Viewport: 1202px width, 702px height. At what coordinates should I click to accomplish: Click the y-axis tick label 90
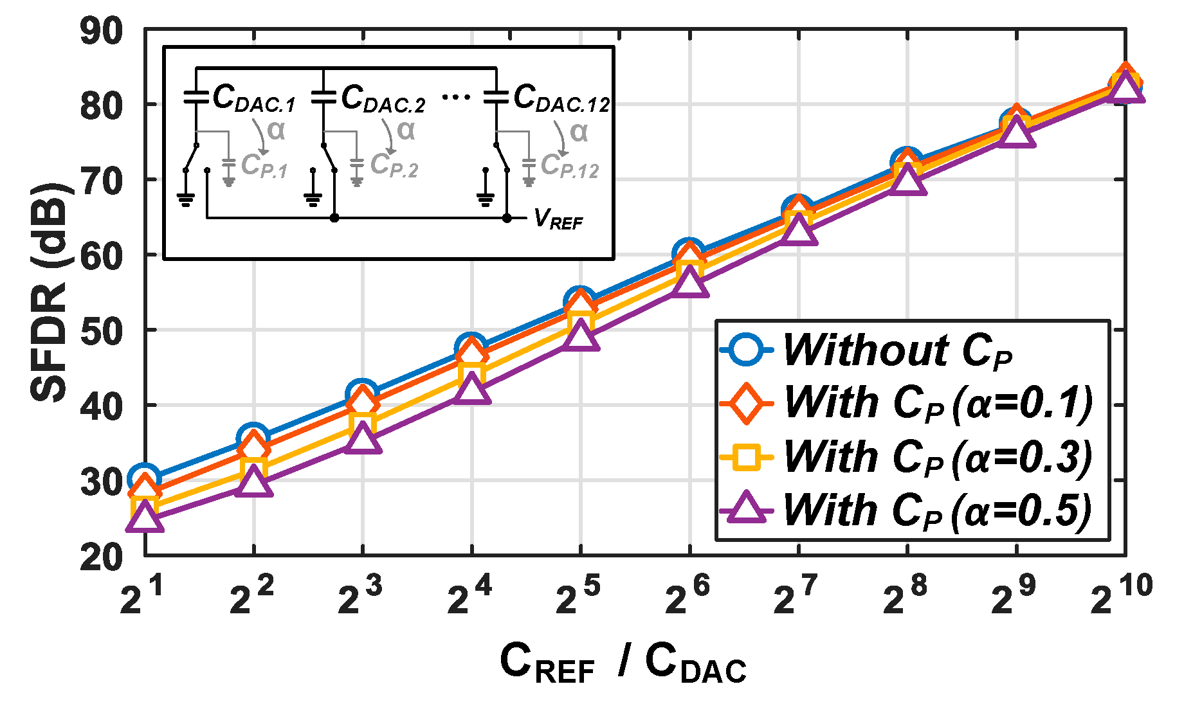101,31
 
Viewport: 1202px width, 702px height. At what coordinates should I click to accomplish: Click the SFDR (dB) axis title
49,292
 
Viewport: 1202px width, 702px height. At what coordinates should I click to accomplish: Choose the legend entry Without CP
897,351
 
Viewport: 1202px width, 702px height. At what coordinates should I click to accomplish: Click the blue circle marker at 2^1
144,478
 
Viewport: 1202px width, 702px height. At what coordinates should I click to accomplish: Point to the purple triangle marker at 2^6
689,283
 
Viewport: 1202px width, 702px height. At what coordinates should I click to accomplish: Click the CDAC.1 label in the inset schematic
253,99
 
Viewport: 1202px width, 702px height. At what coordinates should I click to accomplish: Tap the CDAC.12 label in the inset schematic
561,99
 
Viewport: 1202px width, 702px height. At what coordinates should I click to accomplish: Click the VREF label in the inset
558,220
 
